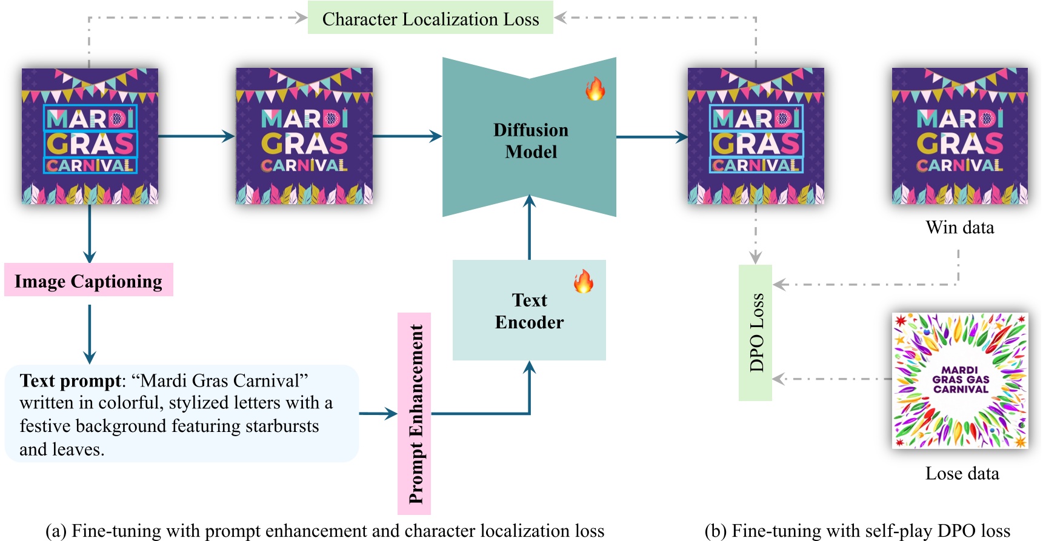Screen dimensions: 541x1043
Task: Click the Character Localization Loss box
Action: click(x=430, y=18)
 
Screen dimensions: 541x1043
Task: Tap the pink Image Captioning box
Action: click(x=88, y=280)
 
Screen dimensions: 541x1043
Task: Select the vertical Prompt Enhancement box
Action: click(x=415, y=413)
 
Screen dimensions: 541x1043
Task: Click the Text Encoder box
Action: click(x=529, y=311)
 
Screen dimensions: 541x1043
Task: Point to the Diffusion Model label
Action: click(x=530, y=141)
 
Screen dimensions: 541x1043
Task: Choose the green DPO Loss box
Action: click(x=755, y=333)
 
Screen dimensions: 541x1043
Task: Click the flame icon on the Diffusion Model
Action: click(x=595, y=88)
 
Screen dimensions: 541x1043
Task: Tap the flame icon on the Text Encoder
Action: click(x=584, y=281)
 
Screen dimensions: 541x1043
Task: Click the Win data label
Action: click(x=960, y=227)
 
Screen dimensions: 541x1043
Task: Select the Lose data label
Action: click(x=962, y=473)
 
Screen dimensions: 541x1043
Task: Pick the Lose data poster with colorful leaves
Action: click(x=960, y=380)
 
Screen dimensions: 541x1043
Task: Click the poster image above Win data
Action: click(x=960, y=136)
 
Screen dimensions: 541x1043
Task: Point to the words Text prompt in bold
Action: click(x=70, y=380)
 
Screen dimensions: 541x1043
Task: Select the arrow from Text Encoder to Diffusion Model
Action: click(x=530, y=227)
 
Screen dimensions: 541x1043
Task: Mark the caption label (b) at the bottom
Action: click(x=715, y=531)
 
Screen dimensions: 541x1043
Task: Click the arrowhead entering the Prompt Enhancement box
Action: click(x=390, y=414)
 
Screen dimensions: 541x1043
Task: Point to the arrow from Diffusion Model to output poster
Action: click(x=651, y=137)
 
